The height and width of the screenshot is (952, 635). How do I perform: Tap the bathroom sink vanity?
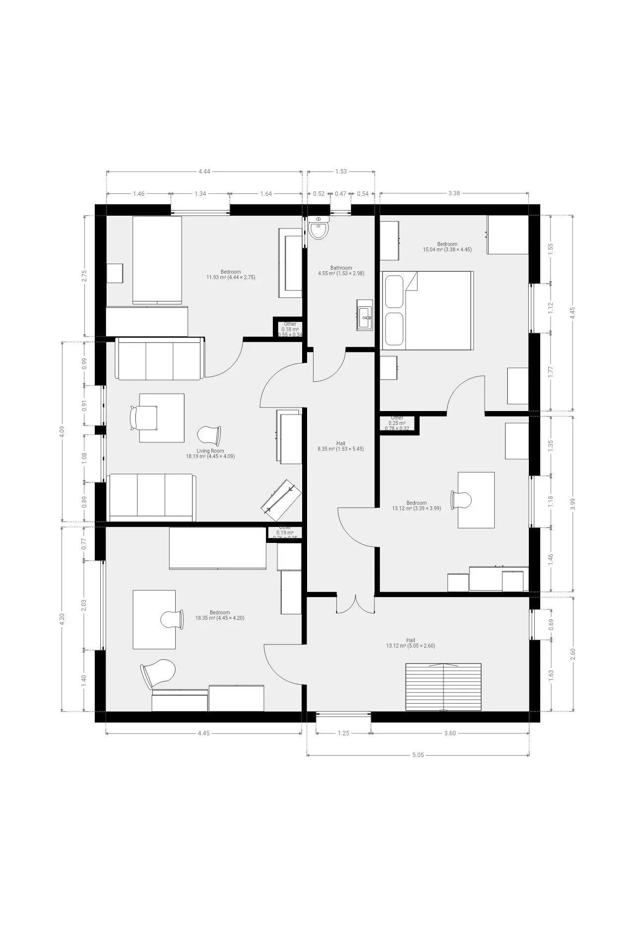point(365,314)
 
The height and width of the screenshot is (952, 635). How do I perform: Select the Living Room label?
point(210,451)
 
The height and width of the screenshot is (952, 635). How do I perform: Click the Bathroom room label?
point(341,268)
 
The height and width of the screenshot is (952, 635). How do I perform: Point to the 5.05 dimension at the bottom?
point(418,755)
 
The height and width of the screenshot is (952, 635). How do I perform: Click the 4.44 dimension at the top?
point(204,172)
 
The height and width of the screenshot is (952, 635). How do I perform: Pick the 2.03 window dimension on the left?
point(84,605)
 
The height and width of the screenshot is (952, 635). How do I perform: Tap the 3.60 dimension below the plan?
point(449,733)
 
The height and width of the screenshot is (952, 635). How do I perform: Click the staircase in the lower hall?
point(443,687)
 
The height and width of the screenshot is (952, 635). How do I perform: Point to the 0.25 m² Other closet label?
point(397,423)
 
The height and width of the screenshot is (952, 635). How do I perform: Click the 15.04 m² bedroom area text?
point(447,249)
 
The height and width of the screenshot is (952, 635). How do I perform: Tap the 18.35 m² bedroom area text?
point(219,618)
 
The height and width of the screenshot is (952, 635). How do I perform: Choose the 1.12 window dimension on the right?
point(550,308)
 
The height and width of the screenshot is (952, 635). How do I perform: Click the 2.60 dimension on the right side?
point(573,654)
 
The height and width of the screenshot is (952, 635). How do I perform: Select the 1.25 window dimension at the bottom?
point(343,733)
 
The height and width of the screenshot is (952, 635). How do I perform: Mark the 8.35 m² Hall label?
point(340,449)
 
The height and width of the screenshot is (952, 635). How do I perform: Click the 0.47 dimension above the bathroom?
point(340,194)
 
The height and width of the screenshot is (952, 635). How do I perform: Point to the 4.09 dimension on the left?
point(62,431)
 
